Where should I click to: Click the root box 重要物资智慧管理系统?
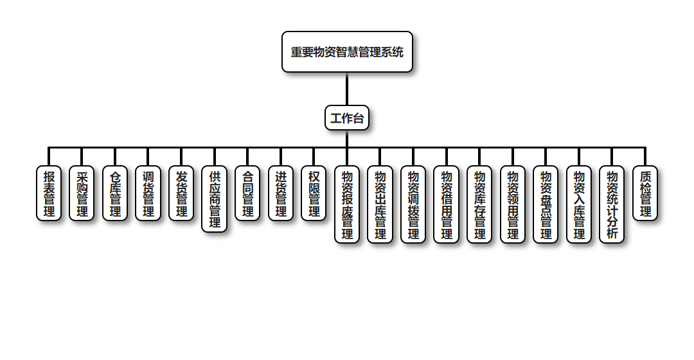pyautogui.click(x=347, y=52)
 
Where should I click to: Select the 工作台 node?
pyautogui.click(x=347, y=118)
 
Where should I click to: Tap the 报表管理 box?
pyautogui.click(x=49, y=194)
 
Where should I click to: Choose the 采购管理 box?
pyautogui.click(x=82, y=194)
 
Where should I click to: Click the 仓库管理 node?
pyautogui.click(x=115, y=194)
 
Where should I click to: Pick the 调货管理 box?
pyautogui.click(x=148, y=194)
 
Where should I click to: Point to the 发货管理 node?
pyautogui.click(x=181, y=194)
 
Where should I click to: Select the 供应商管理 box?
pyautogui.click(x=215, y=199)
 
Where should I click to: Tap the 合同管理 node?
pyautogui.click(x=247, y=194)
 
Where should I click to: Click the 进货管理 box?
pyautogui.click(x=281, y=194)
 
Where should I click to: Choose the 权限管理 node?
pyautogui.click(x=314, y=194)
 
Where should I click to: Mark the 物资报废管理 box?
pyautogui.click(x=347, y=204)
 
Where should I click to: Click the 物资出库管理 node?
pyautogui.click(x=380, y=204)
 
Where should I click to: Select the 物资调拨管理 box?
pyautogui.click(x=413, y=204)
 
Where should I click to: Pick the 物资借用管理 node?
pyautogui.click(x=446, y=204)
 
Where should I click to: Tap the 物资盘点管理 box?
pyautogui.click(x=546, y=204)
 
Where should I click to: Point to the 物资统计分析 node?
pyautogui.click(x=612, y=204)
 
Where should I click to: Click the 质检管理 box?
pyautogui.click(x=645, y=194)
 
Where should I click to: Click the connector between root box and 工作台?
pyautogui.click(x=347, y=89)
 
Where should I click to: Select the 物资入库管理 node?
pyautogui.click(x=579, y=204)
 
